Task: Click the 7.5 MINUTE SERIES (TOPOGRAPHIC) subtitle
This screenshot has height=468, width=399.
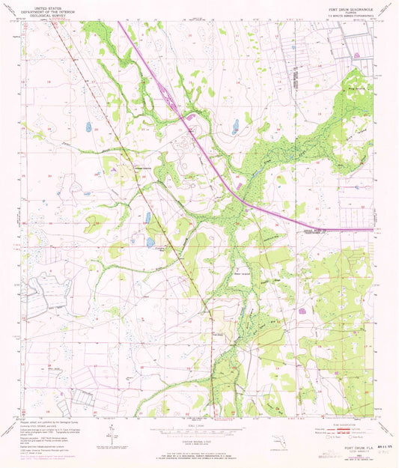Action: pyautogui.click(x=344, y=16)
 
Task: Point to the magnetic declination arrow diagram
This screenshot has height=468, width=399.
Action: pyautogui.click(x=111, y=432)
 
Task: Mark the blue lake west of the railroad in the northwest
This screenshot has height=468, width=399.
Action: pyautogui.click(x=88, y=127)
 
